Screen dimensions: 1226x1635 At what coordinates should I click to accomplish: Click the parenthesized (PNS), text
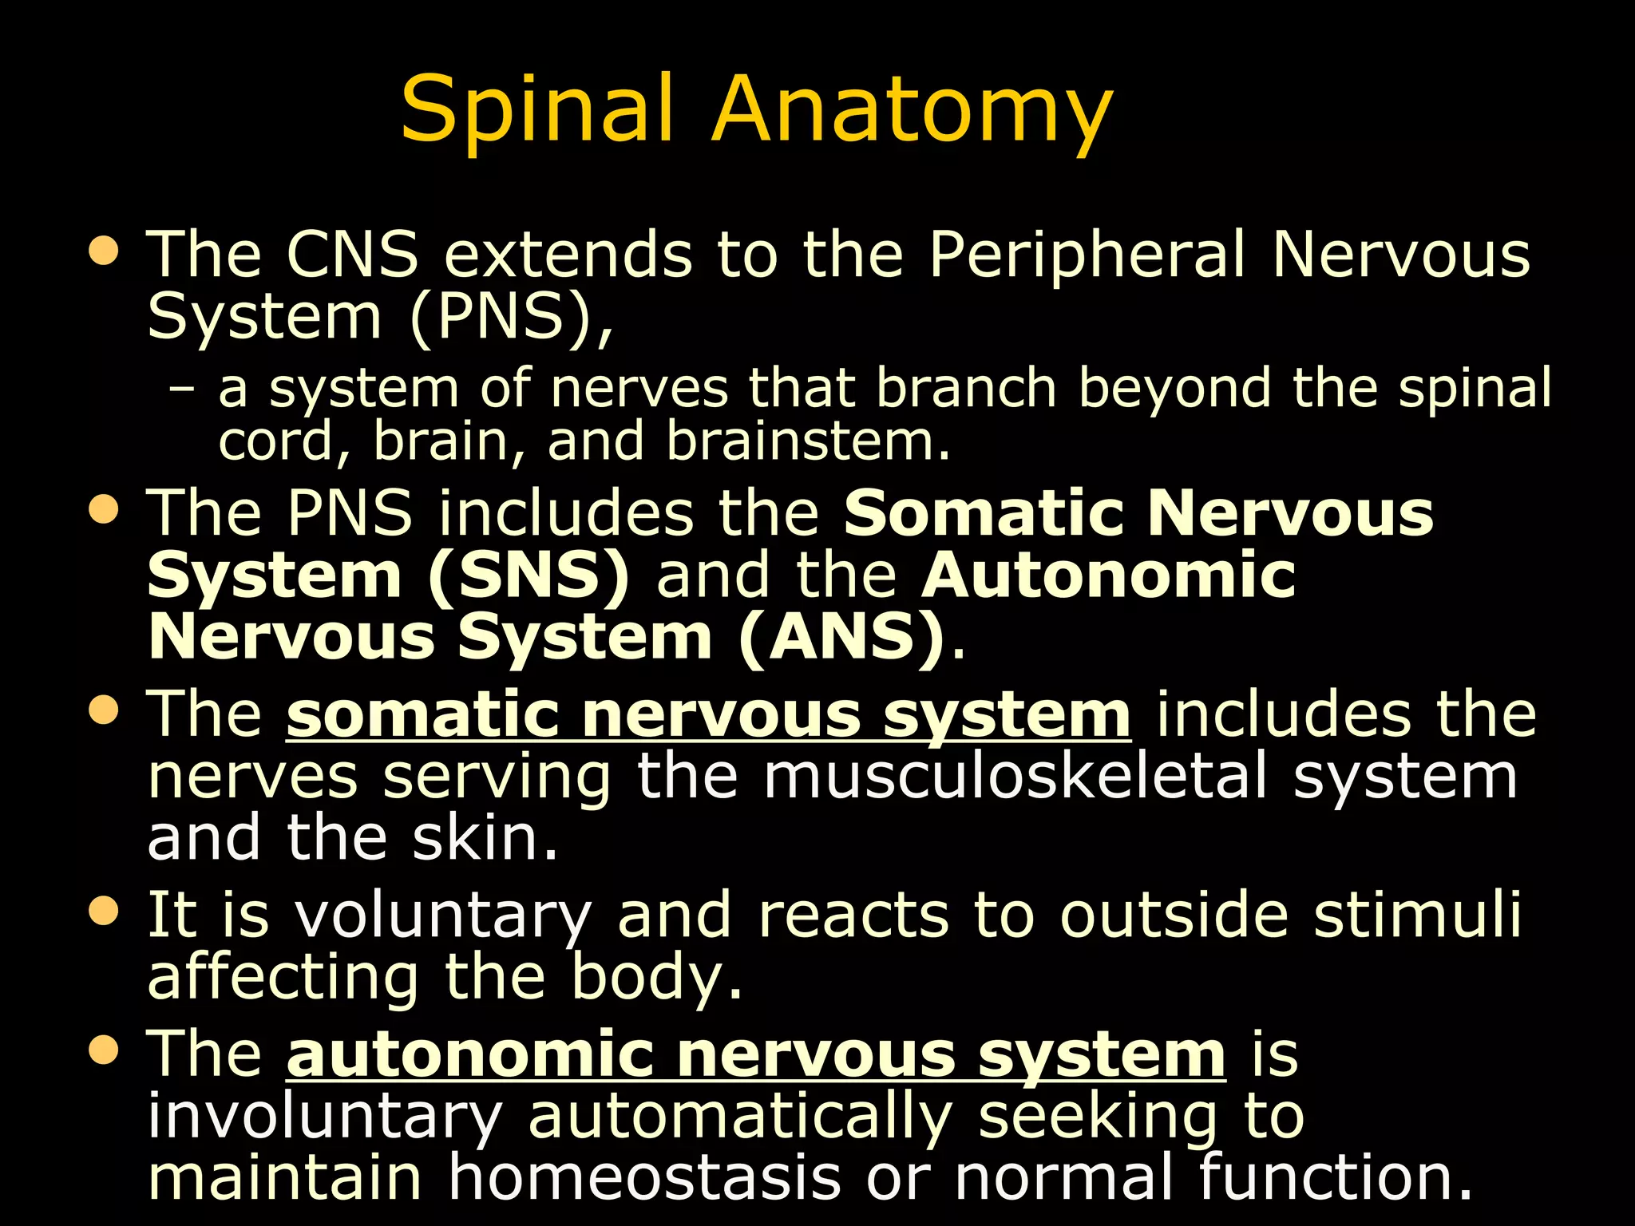click(511, 318)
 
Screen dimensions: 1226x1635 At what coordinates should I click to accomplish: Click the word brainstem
click(808, 441)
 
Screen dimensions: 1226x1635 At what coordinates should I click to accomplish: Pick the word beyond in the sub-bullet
click(1174, 389)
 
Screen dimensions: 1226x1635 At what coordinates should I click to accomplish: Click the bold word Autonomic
click(1108, 575)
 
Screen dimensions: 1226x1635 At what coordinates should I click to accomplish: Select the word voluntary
click(444, 916)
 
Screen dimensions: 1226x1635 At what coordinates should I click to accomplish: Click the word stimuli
click(1418, 915)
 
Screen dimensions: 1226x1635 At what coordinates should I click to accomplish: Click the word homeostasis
click(643, 1178)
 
